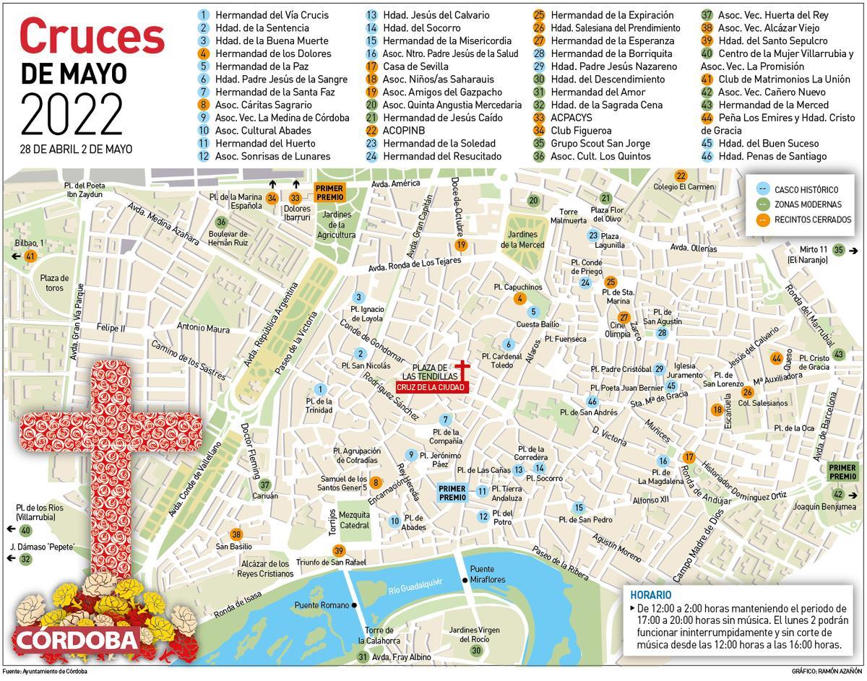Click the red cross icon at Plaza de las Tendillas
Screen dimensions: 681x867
point(462,368)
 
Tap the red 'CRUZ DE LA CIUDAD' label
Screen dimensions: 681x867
point(431,388)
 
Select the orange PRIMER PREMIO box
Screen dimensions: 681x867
point(329,192)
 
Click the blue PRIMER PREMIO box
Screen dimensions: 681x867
point(453,493)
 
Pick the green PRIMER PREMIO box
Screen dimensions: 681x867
point(842,472)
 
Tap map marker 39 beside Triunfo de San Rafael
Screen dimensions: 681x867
point(339,551)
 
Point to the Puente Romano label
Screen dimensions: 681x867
point(322,605)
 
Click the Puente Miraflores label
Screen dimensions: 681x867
point(488,574)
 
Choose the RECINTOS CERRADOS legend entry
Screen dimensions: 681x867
point(812,220)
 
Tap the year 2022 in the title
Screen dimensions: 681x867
point(72,113)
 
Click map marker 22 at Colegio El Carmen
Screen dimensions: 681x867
point(681,176)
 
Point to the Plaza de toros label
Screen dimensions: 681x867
point(54,282)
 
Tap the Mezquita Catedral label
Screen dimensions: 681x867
point(354,520)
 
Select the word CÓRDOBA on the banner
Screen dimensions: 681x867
point(75,640)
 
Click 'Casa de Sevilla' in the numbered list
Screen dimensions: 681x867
point(415,66)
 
